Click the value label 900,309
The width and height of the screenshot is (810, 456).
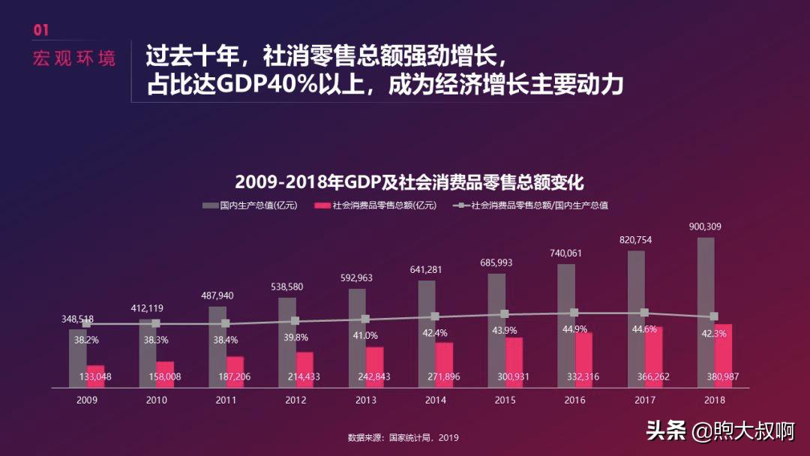point(706,226)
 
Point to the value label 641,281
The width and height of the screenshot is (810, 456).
point(426,269)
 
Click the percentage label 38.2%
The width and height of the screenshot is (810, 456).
point(86,340)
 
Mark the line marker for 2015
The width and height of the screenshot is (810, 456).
point(505,314)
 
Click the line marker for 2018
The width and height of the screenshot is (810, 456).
point(714,316)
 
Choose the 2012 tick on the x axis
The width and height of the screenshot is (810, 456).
point(295,400)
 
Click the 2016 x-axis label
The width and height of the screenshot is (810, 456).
point(575,400)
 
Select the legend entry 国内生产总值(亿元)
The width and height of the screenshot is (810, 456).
point(251,205)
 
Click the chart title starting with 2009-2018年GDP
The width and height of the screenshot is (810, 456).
point(409,182)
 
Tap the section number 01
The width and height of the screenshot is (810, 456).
point(41,30)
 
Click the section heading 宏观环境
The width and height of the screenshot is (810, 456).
point(74,58)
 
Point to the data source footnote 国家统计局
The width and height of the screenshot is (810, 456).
point(403,438)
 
